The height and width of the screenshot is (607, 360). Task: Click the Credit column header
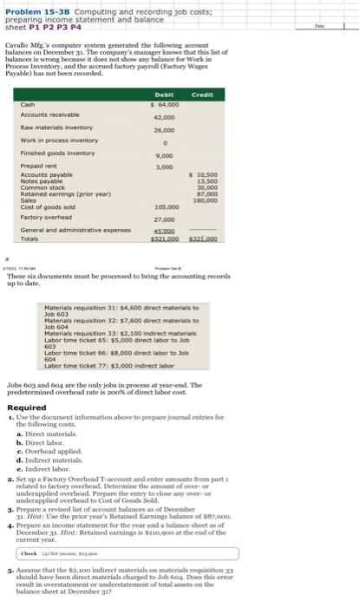pyautogui.click(x=202, y=95)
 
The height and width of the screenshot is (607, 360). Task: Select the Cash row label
pyautogui.click(x=29, y=104)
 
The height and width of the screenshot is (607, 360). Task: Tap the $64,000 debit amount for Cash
pyautogui.click(x=164, y=104)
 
